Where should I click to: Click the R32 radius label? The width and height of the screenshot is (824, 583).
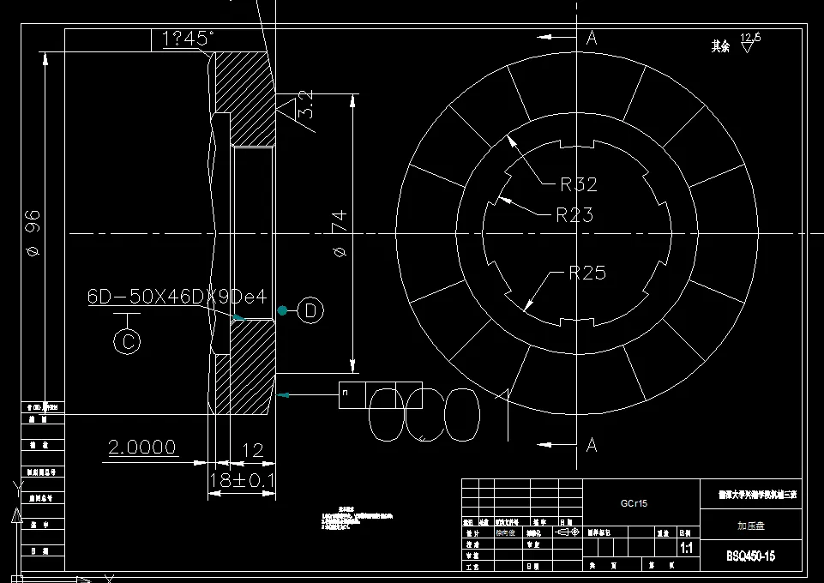pyautogui.click(x=578, y=183)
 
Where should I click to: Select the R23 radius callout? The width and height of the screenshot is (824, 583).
pyautogui.click(x=574, y=214)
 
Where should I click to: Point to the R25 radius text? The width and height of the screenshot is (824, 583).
pyautogui.click(x=587, y=273)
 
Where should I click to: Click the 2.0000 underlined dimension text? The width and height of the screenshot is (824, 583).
pyautogui.click(x=142, y=447)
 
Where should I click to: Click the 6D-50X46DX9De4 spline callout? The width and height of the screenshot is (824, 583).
pyautogui.click(x=177, y=297)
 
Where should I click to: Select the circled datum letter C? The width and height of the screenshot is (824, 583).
pyautogui.click(x=127, y=341)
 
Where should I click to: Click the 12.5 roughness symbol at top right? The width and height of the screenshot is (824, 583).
pyautogui.click(x=750, y=39)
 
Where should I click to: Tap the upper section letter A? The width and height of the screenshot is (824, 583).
pyautogui.click(x=592, y=38)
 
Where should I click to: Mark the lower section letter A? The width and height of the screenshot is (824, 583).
pyautogui.click(x=592, y=445)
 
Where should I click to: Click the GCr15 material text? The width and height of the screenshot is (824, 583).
pyautogui.click(x=635, y=503)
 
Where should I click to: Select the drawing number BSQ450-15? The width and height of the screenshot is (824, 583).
pyautogui.click(x=750, y=556)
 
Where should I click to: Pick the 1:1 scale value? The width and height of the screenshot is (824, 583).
pyautogui.click(x=686, y=547)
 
